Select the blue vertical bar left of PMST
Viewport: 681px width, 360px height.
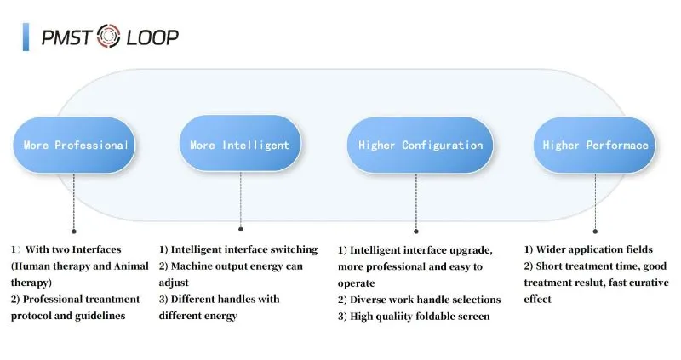(26, 37)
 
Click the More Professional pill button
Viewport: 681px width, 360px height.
(75, 145)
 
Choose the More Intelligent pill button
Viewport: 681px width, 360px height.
(239, 145)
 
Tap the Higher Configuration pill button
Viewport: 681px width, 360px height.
(420, 145)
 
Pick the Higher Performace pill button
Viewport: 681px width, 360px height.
(595, 145)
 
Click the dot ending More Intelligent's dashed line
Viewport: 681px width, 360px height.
(240, 229)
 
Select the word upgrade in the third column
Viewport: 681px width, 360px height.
(468, 250)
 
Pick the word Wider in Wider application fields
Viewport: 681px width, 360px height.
(553, 249)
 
